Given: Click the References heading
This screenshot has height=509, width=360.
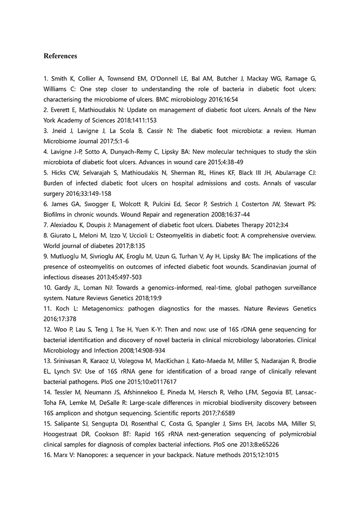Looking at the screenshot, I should point(60,56).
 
